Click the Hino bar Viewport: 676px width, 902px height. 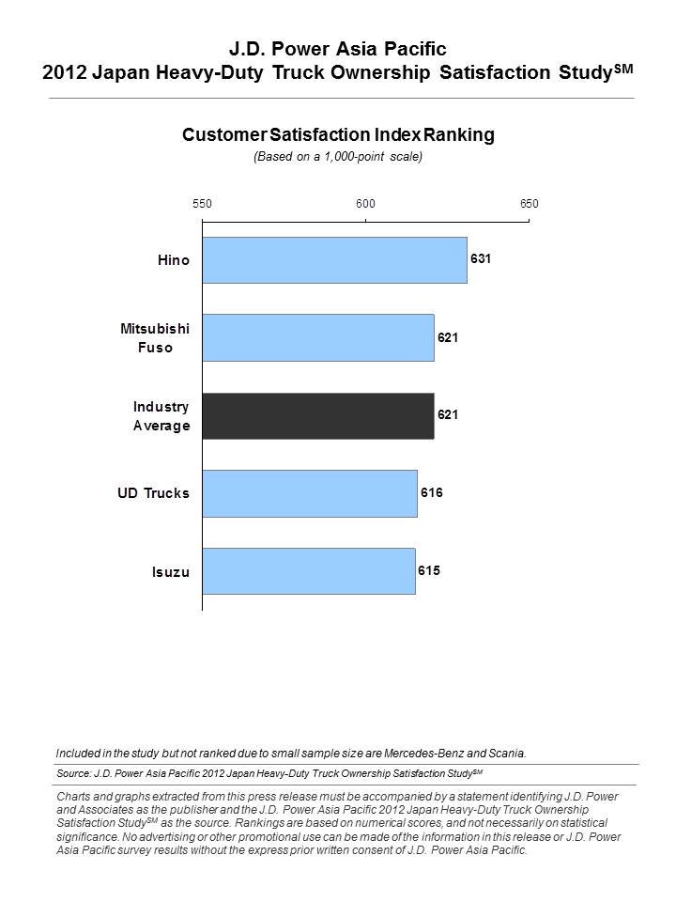point(334,260)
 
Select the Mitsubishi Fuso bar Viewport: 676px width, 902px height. point(318,337)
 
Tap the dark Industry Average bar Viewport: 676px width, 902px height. point(318,416)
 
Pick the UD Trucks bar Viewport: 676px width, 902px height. point(310,493)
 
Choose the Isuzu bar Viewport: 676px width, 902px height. point(309,571)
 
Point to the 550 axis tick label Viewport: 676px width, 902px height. point(202,204)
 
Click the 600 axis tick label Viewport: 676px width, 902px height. point(365,204)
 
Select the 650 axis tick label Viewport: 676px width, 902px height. point(530,204)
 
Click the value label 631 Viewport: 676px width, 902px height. point(481,259)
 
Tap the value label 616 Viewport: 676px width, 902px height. point(432,492)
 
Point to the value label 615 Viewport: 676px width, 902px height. point(429,570)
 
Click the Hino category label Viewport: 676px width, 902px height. point(174,260)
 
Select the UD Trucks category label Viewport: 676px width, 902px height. point(153,493)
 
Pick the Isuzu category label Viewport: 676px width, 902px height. point(171,572)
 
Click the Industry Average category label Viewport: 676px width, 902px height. point(161,416)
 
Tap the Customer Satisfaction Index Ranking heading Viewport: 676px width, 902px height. point(338,134)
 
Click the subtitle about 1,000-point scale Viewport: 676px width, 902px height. point(338,157)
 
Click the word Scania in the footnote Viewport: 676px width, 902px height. point(507,753)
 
